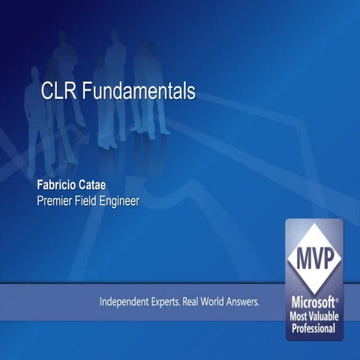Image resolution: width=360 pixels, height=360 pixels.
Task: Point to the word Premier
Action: point(57,200)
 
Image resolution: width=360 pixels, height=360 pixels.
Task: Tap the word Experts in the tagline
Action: point(168,302)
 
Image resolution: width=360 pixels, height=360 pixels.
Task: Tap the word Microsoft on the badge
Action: point(311,300)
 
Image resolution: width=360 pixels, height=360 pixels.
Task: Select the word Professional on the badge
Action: point(314,328)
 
